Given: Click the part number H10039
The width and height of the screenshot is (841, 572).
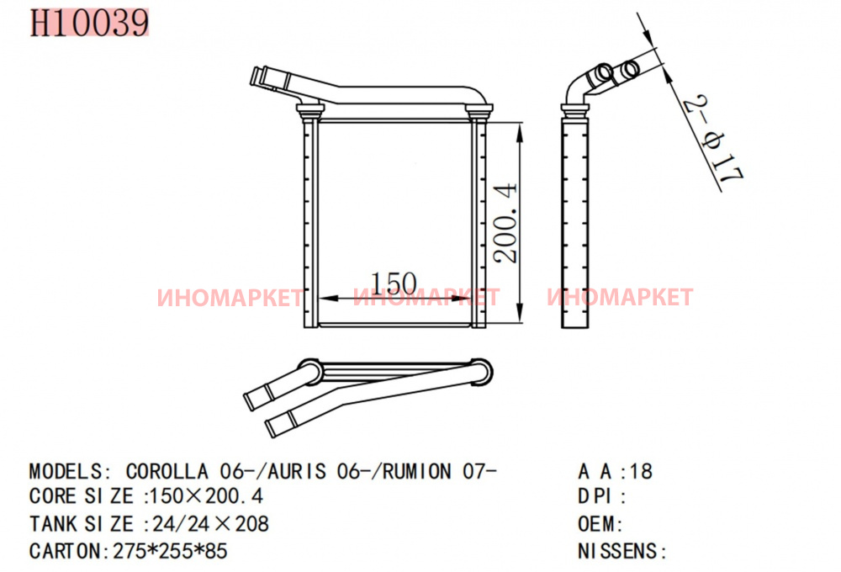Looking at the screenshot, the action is click(89, 23).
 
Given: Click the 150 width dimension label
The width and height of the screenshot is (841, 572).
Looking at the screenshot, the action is click(394, 283).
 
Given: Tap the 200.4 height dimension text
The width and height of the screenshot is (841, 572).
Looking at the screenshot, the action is click(505, 223).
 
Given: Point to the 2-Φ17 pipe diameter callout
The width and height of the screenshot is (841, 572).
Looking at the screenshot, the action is click(713, 139).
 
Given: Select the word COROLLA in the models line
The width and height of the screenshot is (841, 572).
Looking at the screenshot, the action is click(167, 471).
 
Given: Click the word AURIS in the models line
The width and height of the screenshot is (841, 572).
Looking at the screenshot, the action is click(297, 471).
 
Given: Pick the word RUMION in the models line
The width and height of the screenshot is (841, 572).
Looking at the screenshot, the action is click(417, 471).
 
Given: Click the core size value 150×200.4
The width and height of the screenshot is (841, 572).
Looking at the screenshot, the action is click(207, 495).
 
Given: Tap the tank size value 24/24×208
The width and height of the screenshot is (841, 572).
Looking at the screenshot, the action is click(211, 523).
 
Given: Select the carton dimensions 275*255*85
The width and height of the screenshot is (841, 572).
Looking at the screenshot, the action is click(170, 550).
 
